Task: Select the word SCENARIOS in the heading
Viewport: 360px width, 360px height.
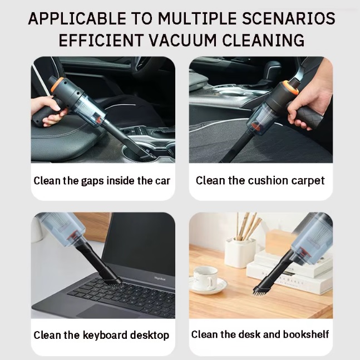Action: coord(293,19)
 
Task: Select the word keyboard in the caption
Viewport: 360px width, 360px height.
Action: coord(105,335)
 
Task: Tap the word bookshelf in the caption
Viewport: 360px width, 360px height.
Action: coord(306,334)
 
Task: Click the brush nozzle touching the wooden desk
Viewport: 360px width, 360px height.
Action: coord(260,288)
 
